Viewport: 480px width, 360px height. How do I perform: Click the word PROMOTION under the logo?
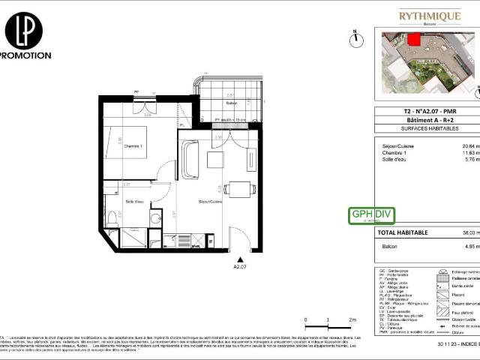pos(25,55)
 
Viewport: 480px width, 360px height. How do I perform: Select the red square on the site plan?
pos(413,40)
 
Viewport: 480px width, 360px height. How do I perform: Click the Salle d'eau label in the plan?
pos(135,202)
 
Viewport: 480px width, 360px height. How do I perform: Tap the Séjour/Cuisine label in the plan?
pos(210,202)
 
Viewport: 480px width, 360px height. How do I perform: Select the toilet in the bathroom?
pos(112,217)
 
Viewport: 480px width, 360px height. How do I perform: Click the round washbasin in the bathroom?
pos(155,218)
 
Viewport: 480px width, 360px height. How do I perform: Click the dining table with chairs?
pos(238,189)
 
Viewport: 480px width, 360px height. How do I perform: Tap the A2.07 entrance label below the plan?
pos(240,265)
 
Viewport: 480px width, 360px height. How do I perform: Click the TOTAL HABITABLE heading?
pos(402,232)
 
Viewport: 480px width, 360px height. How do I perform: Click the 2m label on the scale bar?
pos(351,319)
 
